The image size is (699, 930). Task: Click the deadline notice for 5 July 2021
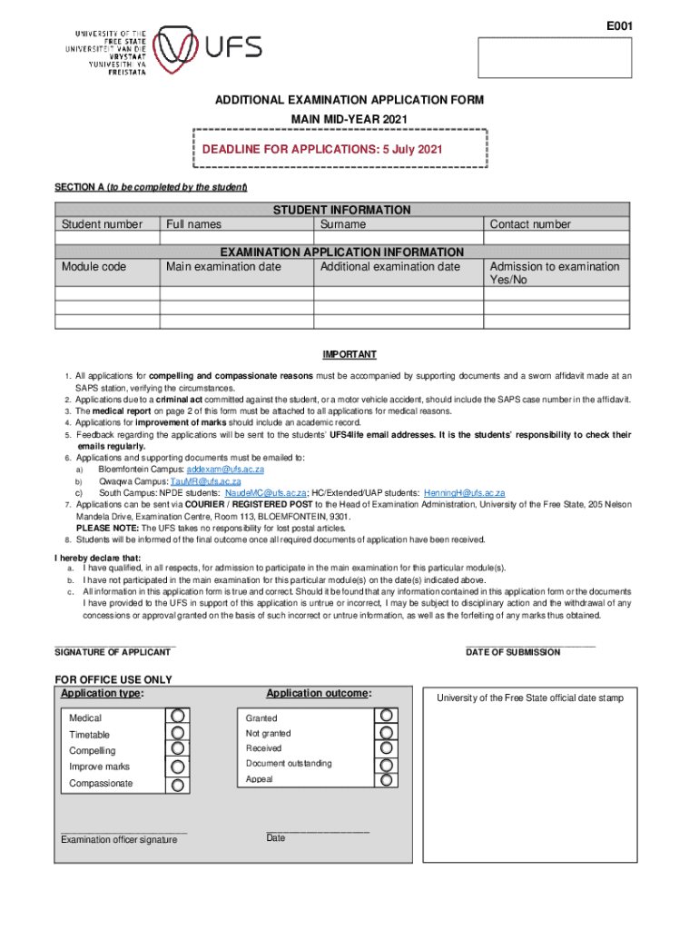(x=322, y=149)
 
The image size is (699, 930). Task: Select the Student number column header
(x=102, y=224)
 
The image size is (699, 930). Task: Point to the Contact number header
(x=530, y=224)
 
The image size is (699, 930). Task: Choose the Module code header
(x=94, y=267)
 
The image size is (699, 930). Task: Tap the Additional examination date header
(x=390, y=267)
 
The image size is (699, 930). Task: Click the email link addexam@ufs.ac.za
(x=224, y=470)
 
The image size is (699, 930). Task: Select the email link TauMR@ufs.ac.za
(x=212, y=481)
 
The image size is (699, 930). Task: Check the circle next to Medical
(x=178, y=716)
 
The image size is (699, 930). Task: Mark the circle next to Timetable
(x=178, y=732)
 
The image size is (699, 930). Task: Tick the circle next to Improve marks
(x=178, y=765)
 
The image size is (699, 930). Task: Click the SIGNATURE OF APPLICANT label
(x=113, y=652)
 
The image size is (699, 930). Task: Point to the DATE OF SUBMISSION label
(x=513, y=652)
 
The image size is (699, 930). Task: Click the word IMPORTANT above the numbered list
(x=349, y=354)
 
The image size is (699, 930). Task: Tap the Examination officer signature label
(x=119, y=840)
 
